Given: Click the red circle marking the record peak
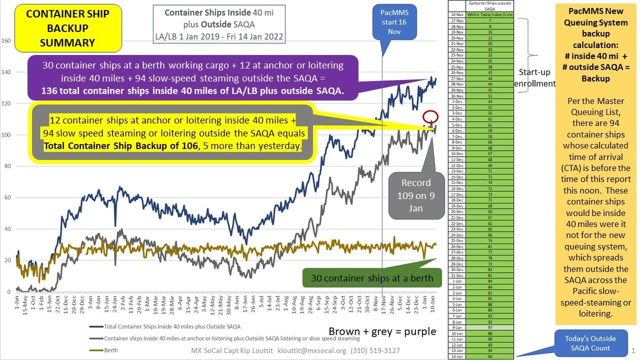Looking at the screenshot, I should [x=430, y=117].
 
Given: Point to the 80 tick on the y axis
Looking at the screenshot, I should [x=6, y=166].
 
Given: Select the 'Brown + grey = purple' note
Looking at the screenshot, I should [x=382, y=331].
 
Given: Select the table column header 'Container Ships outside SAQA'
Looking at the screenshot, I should [x=481, y=5].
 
